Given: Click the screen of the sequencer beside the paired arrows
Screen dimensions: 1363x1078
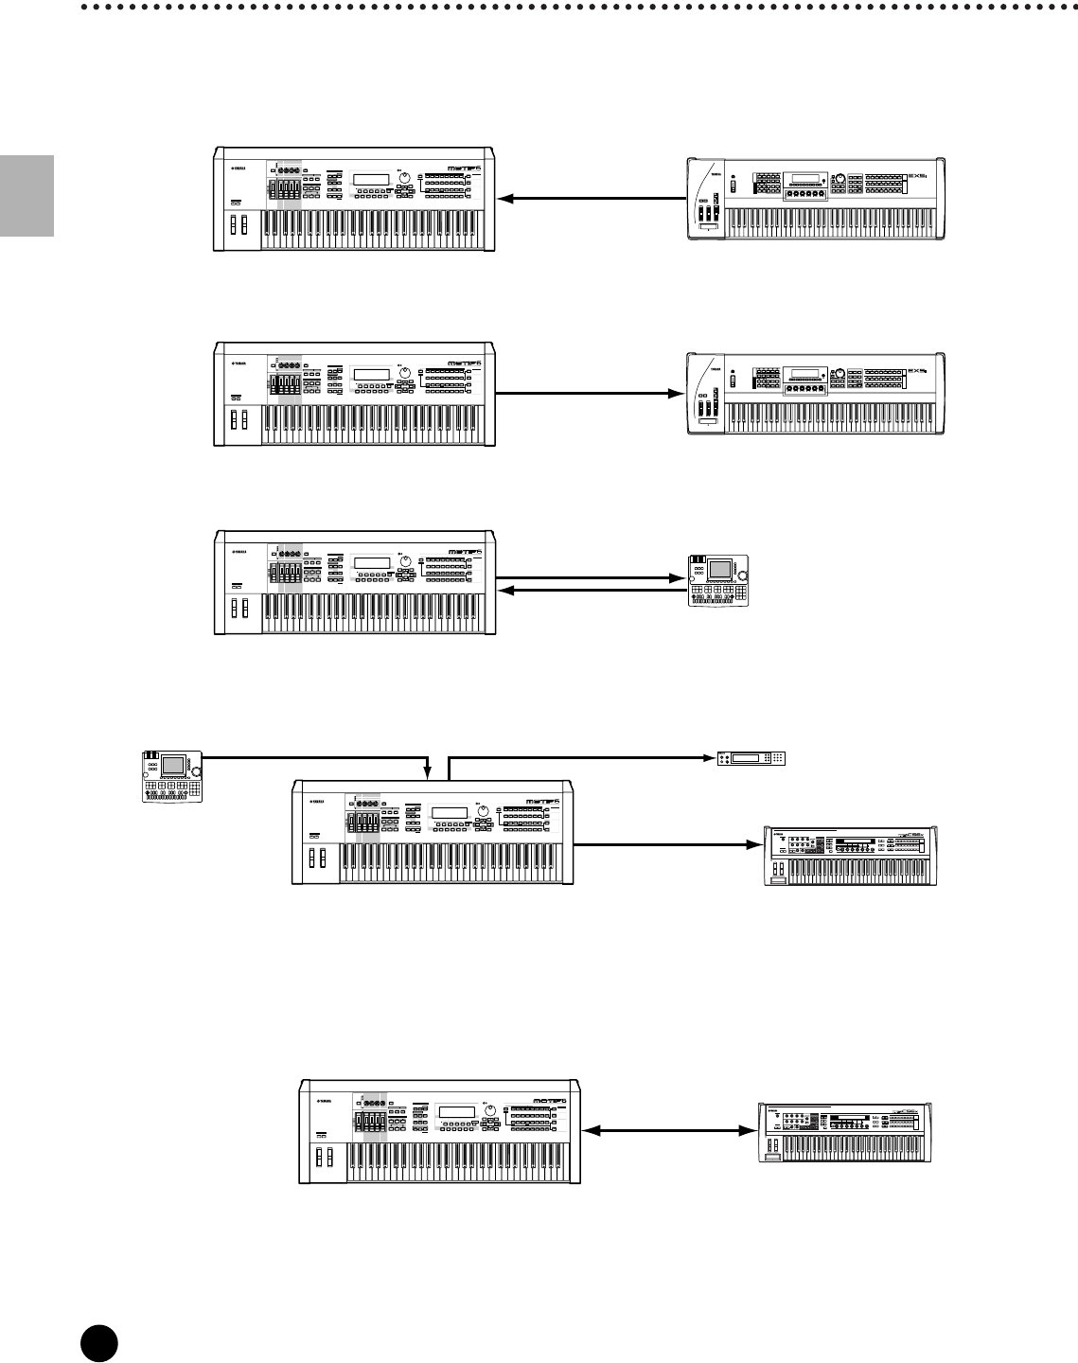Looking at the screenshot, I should [719, 571].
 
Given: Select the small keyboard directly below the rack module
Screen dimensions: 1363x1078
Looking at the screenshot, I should [850, 856].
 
